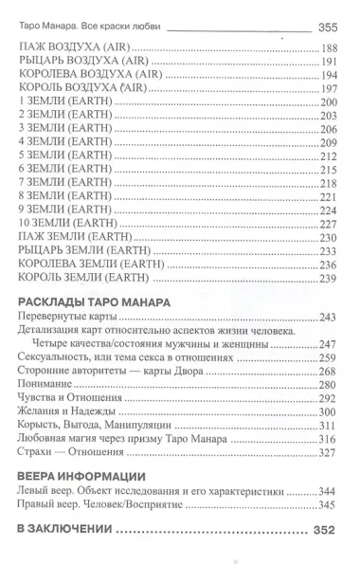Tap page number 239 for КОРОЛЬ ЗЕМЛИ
point(330,279)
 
